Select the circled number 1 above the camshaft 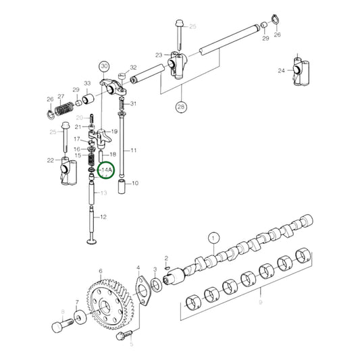click(x=213, y=238)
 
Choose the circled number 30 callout click(x=103, y=66)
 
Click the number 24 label click(x=281, y=70)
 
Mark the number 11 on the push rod click(x=134, y=150)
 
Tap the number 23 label click(x=159, y=55)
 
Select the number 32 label click(x=133, y=68)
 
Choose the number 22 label click(x=49, y=159)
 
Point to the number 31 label click(x=133, y=103)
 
